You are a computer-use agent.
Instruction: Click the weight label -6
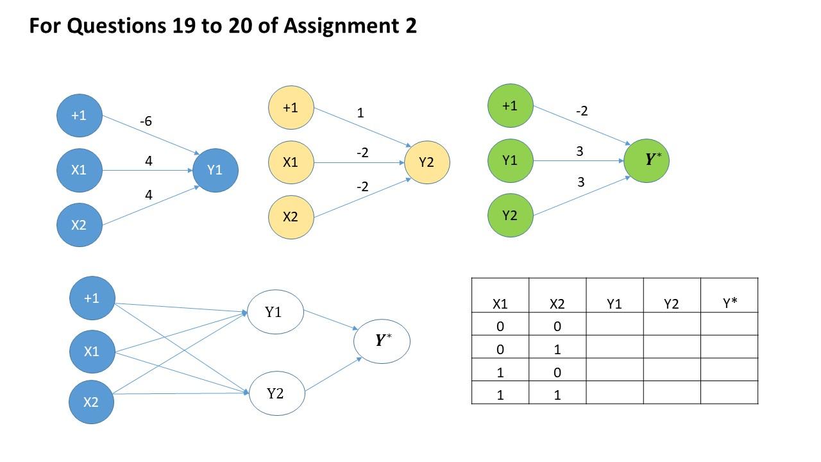point(146,121)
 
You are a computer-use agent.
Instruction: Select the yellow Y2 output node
point(427,162)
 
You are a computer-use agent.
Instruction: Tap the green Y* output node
point(647,160)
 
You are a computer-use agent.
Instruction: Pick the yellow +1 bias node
point(291,107)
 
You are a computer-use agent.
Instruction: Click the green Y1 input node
point(510,160)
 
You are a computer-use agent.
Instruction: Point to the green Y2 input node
point(510,215)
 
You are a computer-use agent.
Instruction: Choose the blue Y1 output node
point(215,170)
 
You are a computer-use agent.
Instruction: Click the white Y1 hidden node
point(275,312)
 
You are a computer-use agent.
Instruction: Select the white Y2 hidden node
point(276,393)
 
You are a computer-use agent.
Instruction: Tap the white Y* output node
point(382,341)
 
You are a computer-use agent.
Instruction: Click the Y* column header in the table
point(729,304)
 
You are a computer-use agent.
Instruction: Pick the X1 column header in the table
point(500,304)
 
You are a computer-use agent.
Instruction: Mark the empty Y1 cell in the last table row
point(614,393)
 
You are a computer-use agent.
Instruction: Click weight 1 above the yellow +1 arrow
point(360,113)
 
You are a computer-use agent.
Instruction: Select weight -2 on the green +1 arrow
point(582,111)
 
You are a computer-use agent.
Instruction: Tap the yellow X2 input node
point(291,217)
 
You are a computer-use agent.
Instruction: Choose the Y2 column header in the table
point(672,304)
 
